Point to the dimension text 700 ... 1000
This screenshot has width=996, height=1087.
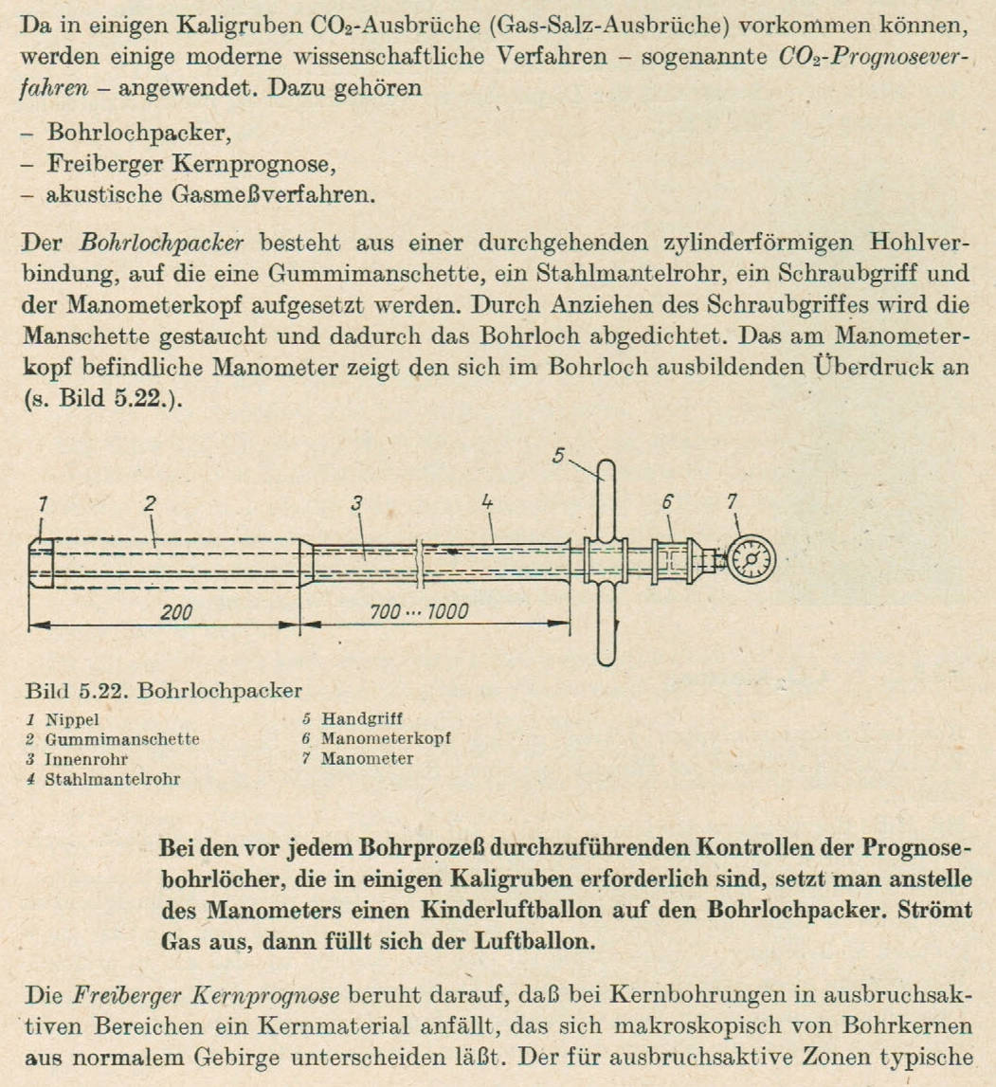click(x=417, y=612)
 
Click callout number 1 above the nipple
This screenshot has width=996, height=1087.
click(x=42, y=505)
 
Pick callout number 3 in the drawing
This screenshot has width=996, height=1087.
click(x=356, y=505)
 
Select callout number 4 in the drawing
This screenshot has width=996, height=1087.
click(x=487, y=505)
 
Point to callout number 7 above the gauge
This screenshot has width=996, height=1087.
click(x=733, y=502)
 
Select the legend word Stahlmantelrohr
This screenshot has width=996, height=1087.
click(x=113, y=779)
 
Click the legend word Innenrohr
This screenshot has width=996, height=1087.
click(x=84, y=759)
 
